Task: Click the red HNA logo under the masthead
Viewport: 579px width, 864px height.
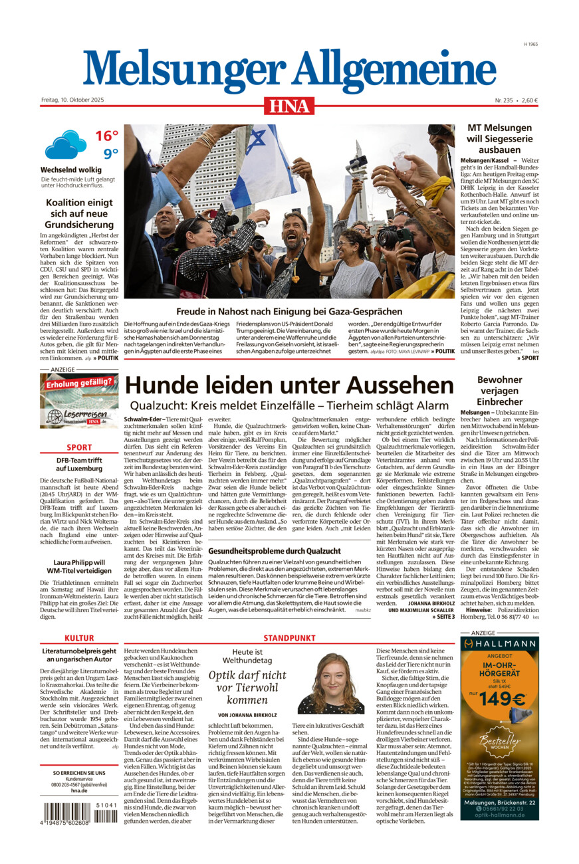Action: [289, 106]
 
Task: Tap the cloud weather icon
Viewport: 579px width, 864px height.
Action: [65, 144]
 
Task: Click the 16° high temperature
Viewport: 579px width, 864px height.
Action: [106, 136]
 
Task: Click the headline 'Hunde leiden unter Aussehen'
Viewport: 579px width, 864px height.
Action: [290, 386]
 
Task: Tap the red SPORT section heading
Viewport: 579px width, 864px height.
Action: [79, 447]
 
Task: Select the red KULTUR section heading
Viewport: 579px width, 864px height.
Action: [79, 639]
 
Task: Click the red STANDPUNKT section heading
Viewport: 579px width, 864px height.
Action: [289, 639]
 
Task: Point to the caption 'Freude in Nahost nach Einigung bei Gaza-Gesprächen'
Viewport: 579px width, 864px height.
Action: [289, 311]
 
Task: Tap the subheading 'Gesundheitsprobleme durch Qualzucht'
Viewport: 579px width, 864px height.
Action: [275, 551]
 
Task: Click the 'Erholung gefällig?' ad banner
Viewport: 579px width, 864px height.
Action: [79, 399]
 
